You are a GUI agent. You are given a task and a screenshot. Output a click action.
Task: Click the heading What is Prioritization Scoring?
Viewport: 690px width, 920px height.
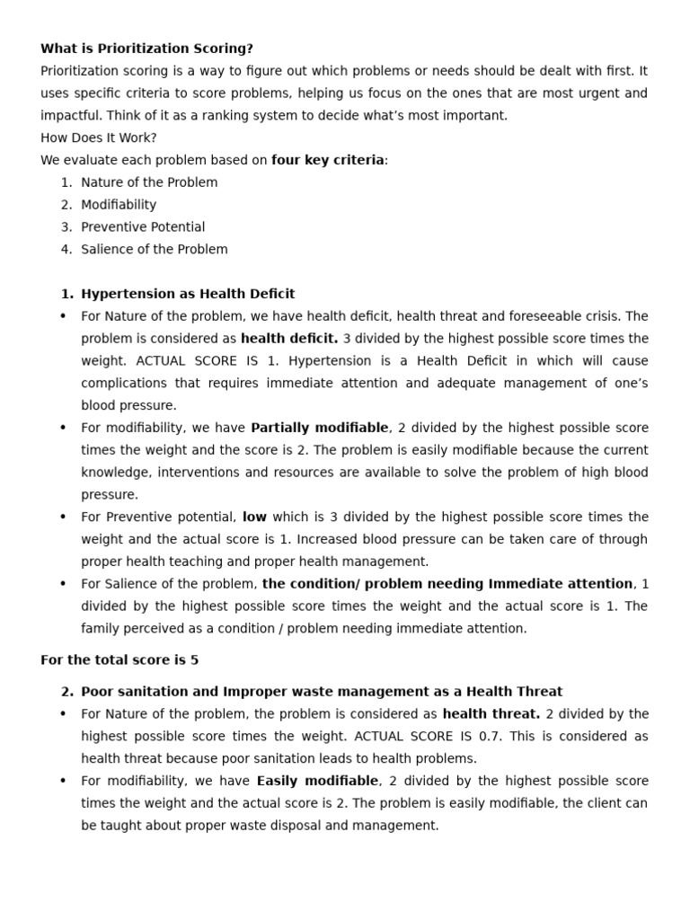coord(146,49)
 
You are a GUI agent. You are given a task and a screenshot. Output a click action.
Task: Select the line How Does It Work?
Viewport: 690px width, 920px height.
coord(99,137)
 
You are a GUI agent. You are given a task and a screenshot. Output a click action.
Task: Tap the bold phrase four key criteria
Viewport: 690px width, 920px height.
coord(327,160)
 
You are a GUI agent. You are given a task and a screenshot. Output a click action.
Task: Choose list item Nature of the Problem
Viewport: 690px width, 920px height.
coord(149,182)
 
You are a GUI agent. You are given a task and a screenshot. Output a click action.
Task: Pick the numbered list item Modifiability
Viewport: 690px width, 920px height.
coord(119,205)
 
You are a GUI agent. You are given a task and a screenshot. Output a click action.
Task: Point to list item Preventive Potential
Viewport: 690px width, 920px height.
coord(143,227)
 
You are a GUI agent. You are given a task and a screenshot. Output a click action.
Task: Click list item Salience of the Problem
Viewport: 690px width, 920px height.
coord(155,250)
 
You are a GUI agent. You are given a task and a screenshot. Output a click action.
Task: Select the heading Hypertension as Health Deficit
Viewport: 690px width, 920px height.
coord(188,294)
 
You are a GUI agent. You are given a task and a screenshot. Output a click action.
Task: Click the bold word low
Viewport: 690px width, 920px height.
coord(254,517)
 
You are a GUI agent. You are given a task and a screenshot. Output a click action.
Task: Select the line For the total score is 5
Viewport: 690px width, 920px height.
coord(119,659)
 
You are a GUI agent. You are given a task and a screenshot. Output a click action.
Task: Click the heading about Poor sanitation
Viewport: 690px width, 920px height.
coord(322,692)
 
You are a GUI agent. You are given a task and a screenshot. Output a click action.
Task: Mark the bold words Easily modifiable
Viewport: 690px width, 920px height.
coord(318,781)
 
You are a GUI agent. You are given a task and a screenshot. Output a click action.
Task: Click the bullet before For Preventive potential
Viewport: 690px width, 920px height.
coord(63,517)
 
